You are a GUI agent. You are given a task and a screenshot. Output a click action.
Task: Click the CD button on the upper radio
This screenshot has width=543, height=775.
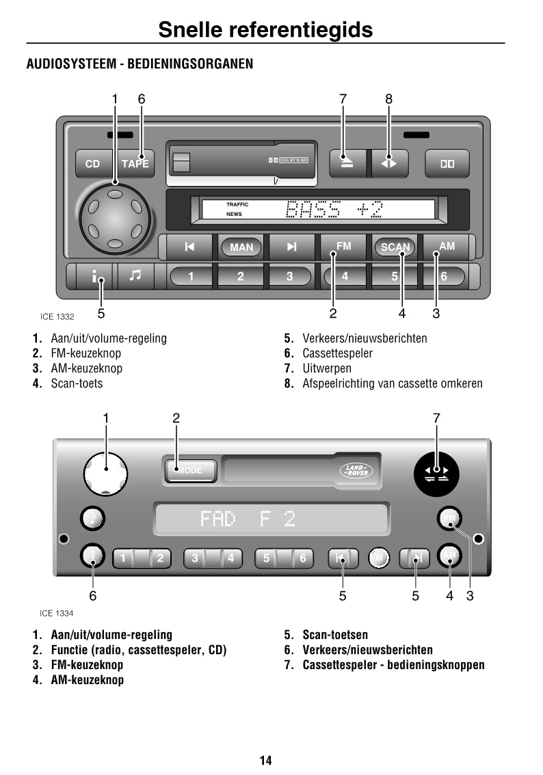(x=92, y=164)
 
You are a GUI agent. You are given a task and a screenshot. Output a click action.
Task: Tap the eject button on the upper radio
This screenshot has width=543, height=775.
(x=347, y=163)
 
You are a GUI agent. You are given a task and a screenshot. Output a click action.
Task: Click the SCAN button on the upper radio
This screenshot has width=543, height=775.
(x=395, y=247)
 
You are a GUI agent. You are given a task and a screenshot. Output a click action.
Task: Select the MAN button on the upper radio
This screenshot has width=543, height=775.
(x=241, y=247)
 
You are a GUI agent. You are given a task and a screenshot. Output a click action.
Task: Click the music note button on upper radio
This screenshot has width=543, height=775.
(x=135, y=275)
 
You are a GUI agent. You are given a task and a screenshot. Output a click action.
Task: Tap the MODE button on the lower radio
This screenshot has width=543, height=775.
(x=191, y=471)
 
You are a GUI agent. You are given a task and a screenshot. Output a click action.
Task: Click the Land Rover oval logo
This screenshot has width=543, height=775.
(x=356, y=470)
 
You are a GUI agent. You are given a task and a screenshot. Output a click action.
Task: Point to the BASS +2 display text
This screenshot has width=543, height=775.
(x=334, y=209)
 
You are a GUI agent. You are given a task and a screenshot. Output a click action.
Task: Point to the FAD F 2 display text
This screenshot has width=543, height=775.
(x=248, y=519)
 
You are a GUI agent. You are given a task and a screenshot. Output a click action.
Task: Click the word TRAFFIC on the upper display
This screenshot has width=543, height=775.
(x=237, y=204)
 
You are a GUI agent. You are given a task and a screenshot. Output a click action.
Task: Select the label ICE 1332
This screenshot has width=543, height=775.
(x=57, y=316)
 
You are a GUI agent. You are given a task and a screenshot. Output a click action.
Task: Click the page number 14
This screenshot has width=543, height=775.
(x=265, y=760)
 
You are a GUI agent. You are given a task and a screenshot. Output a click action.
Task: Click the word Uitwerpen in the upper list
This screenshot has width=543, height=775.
(x=327, y=368)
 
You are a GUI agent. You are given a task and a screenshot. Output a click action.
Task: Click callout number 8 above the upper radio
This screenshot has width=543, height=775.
(x=388, y=99)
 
